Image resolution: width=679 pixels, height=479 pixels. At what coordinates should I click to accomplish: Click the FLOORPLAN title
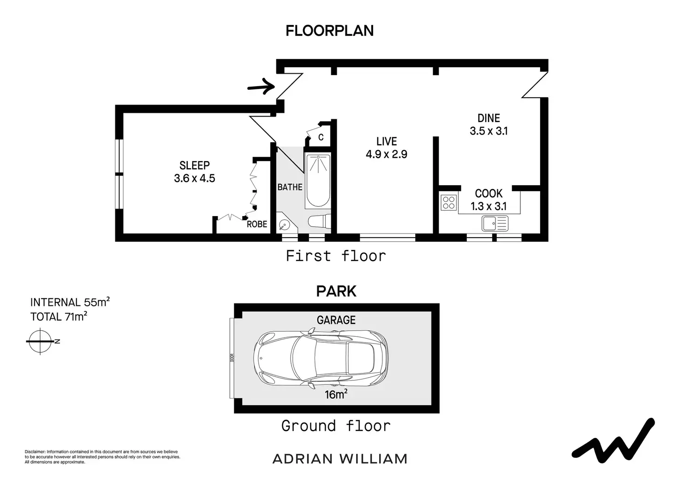(x=329, y=31)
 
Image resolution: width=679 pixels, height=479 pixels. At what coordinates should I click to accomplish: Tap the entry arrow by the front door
(x=261, y=87)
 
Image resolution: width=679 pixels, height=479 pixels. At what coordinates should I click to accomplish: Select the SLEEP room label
(x=195, y=165)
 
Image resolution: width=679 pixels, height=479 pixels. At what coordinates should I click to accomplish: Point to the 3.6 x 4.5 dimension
(x=195, y=178)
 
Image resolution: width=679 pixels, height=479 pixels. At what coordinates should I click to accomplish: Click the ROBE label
(x=257, y=224)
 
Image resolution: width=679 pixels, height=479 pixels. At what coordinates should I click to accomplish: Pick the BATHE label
(x=290, y=187)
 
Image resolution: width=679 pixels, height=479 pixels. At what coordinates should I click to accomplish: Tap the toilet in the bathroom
(x=319, y=221)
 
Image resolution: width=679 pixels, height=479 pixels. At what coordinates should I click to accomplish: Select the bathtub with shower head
(x=318, y=181)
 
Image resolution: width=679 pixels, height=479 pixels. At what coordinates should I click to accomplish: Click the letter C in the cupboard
(x=321, y=137)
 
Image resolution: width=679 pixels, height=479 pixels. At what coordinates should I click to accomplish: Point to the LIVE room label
(x=387, y=141)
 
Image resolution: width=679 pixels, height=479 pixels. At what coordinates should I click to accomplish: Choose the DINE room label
(x=488, y=118)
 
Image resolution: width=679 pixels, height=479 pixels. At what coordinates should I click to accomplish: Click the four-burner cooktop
(x=449, y=203)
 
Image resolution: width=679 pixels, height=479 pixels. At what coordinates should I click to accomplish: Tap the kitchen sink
(x=495, y=223)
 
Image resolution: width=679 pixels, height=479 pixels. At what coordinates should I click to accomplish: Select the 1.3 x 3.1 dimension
(x=488, y=206)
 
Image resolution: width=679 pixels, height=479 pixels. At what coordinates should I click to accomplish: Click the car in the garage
(x=321, y=358)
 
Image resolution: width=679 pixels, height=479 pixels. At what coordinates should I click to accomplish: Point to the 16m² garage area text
(x=336, y=394)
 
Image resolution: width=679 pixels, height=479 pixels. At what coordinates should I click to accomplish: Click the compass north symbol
(x=41, y=341)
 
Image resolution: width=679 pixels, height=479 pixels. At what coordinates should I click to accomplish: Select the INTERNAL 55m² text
(x=70, y=302)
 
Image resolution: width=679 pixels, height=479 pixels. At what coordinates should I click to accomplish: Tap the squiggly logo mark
(x=613, y=442)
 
